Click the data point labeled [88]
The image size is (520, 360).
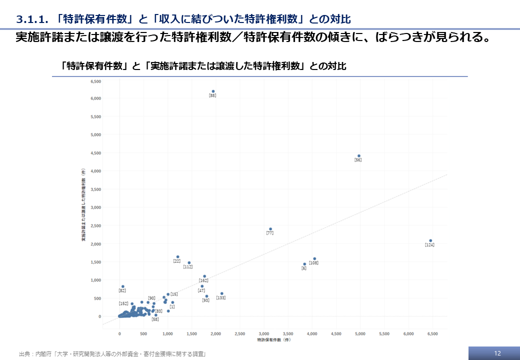point(213,91)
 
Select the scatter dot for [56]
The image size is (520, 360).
point(359,155)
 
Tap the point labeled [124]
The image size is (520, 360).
point(430,240)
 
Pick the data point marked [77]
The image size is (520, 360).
point(270,229)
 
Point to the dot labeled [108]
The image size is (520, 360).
point(314,258)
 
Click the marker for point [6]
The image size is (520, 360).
point(304,264)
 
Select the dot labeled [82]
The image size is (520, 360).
point(123,286)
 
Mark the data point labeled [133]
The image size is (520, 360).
point(221,293)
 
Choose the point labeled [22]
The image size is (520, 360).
point(177,256)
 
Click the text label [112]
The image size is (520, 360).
point(188,267)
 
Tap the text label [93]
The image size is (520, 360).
point(205,300)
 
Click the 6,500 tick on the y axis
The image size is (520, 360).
point(95,80)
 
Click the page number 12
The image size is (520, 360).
point(497,353)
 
